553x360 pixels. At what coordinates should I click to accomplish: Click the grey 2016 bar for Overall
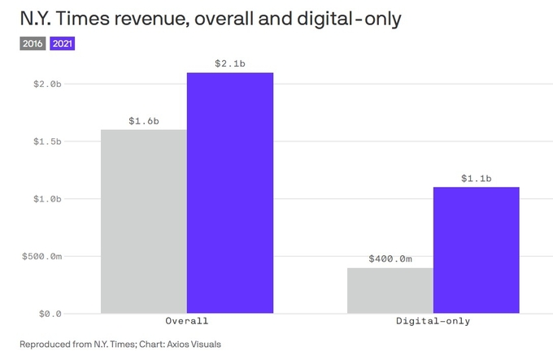(x=144, y=221)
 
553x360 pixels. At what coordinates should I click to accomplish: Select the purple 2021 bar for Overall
(x=229, y=193)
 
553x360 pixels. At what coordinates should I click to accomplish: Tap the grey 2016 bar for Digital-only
(x=390, y=290)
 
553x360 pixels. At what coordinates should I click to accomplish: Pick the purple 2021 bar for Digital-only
(x=476, y=249)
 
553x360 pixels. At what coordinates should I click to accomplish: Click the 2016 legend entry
(x=33, y=44)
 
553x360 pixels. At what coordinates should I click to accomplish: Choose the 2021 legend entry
(x=62, y=44)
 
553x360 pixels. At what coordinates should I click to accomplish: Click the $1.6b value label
(x=144, y=121)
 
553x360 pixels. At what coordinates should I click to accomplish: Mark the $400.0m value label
(x=390, y=259)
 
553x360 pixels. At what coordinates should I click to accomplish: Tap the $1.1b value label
(x=476, y=178)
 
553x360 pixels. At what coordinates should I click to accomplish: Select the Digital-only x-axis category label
(x=433, y=321)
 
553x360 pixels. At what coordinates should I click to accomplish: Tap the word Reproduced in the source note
(x=44, y=344)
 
